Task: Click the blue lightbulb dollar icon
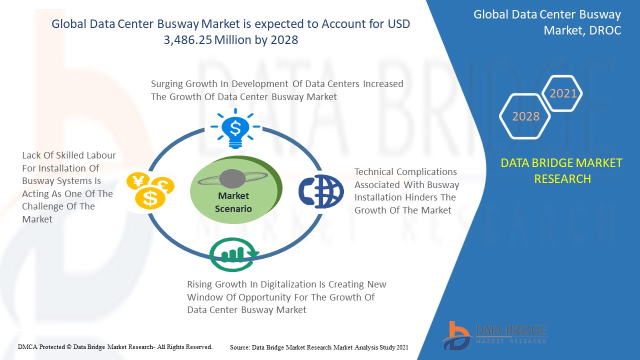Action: click(235, 128)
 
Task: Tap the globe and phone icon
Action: click(321, 191)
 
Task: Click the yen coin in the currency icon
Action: click(138, 181)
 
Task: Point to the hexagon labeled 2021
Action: click(562, 93)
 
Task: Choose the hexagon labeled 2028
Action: click(525, 116)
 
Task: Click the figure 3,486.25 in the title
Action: click(187, 39)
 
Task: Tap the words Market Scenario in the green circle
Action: click(233, 202)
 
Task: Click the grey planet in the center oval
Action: click(232, 179)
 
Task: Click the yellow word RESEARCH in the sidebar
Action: click(562, 179)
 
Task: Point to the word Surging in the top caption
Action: click(167, 84)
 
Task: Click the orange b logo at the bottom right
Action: click(456, 336)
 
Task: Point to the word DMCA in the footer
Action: click(27, 347)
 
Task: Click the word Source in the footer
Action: click(239, 347)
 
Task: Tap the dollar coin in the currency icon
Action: click(150, 198)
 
